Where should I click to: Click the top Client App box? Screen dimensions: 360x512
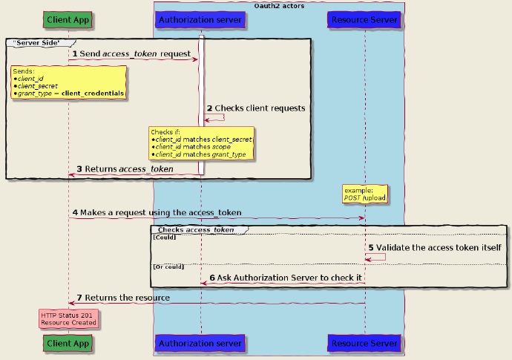click(68, 19)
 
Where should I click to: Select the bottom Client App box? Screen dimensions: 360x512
click(68, 344)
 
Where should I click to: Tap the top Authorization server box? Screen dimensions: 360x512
click(200, 19)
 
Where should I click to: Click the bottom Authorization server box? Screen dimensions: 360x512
click(200, 344)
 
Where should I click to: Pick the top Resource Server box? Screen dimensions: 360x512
click(364, 19)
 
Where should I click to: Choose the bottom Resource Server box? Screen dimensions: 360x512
click(364, 344)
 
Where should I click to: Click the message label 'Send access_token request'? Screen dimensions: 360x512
click(134, 54)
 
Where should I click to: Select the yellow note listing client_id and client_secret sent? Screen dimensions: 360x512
click(68, 82)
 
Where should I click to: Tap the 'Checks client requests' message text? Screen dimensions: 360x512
click(255, 108)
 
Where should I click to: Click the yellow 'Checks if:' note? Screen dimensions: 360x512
click(202, 143)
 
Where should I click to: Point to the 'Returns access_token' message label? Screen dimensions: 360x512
click(125, 169)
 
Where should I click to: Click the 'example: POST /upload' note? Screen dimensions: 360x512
click(364, 194)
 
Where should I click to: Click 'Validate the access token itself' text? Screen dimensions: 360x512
click(433, 247)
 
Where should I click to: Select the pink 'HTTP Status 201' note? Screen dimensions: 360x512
click(68, 319)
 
